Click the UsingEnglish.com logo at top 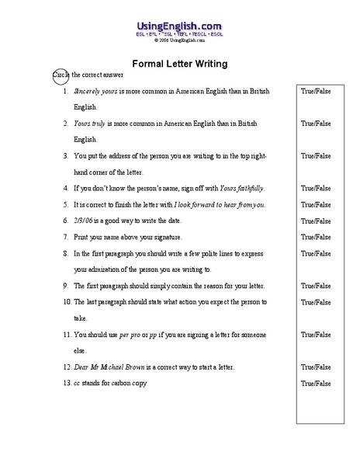click(x=179, y=25)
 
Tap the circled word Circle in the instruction click(x=61, y=75)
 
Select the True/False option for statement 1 click(x=316, y=91)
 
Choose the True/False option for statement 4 click(x=316, y=188)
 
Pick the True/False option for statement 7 click(x=316, y=237)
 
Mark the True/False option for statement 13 click(x=316, y=383)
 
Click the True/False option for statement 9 click(x=316, y=286)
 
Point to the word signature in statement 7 click(x=164, y=237)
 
